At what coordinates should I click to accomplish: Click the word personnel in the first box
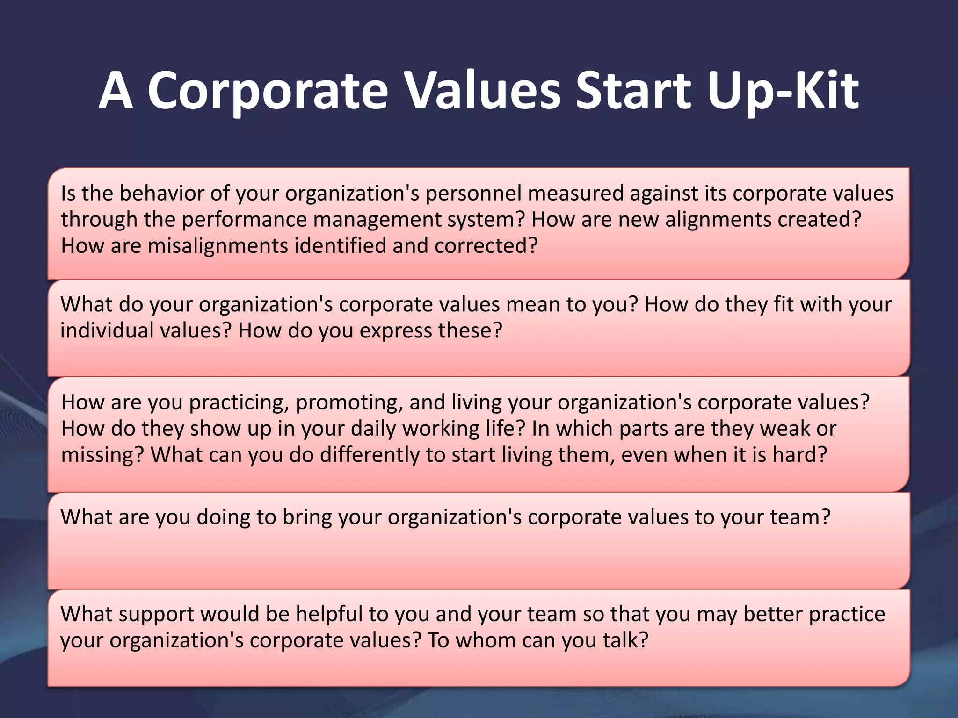[x=473, y=194]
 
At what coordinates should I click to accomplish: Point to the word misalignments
[x=218, y=246]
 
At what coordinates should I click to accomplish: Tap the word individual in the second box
[x=107, y=330]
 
